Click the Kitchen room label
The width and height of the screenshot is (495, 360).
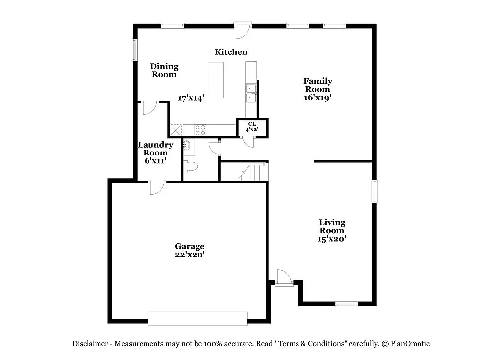231,52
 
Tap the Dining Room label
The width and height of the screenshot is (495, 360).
164,70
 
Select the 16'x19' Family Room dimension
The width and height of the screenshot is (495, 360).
317,98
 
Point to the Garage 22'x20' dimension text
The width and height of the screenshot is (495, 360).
190,255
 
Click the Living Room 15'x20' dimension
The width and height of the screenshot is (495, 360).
332,239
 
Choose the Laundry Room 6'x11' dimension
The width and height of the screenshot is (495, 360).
155,161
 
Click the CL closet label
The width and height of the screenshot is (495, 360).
252,124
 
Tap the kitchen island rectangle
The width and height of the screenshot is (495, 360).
216,80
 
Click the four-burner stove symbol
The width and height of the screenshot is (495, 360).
200,130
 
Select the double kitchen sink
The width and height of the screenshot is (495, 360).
251,93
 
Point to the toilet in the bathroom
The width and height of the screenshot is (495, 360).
190,167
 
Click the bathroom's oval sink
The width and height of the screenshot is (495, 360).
187,145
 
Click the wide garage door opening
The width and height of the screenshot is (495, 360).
198,319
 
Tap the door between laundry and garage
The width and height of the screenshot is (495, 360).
157,186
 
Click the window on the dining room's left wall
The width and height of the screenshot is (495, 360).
134,50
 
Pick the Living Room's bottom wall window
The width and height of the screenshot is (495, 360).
346,304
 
